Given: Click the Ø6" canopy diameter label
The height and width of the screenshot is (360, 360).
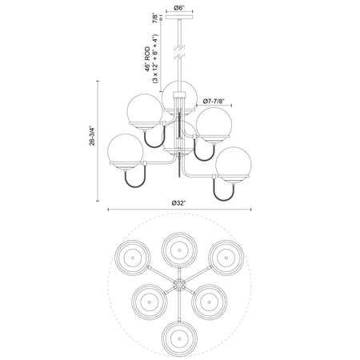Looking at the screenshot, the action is (x=179, y=8).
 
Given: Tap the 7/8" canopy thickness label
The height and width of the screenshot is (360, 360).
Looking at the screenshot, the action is (x=155, y=18).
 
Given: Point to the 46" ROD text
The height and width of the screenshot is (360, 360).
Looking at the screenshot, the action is (x=147, y=59).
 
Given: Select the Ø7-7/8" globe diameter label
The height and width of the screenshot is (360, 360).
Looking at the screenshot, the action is (x=214, y=102).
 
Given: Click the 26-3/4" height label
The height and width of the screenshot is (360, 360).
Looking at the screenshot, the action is (x=92, y=136).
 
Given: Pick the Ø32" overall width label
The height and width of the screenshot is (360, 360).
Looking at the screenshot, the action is (x=178, y=203).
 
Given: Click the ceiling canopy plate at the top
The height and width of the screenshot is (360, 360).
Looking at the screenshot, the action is (x=179, y=18).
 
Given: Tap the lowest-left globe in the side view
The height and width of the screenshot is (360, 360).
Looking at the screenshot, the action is (x=126, y=151).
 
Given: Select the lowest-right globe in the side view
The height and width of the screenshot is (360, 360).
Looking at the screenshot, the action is (x=234, y=165).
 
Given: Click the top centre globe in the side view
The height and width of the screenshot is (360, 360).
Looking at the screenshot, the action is (x=179, y=98).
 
